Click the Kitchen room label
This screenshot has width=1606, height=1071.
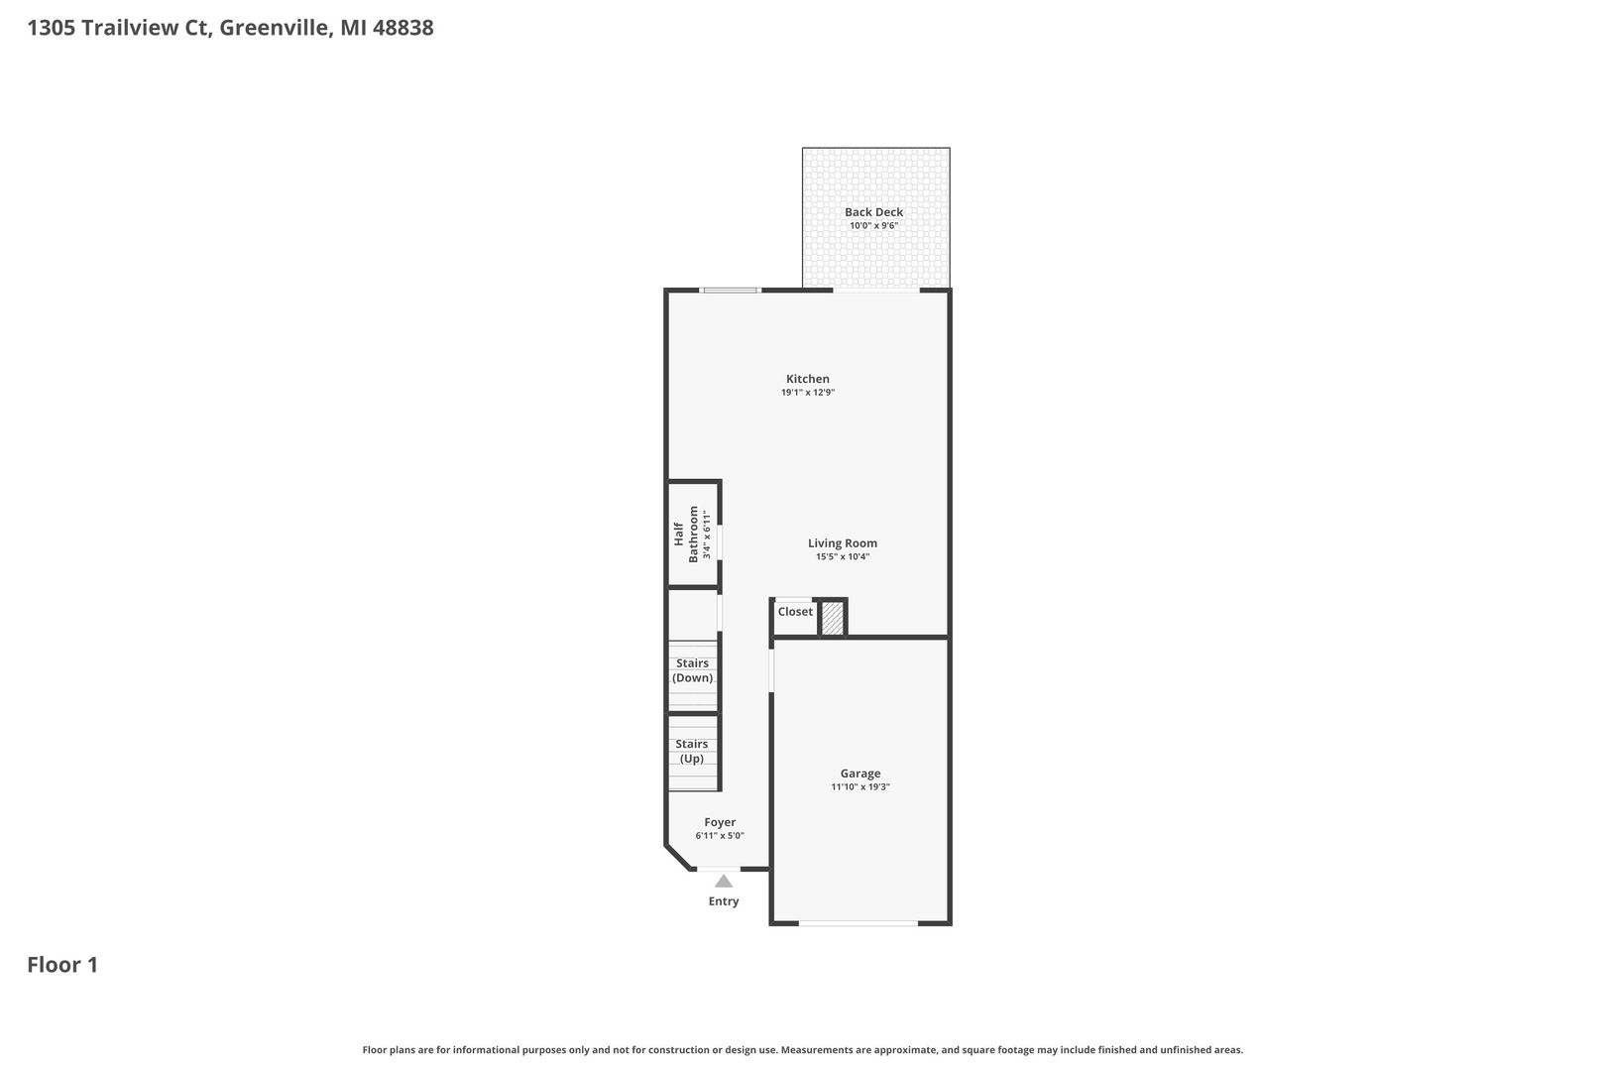[x=807, y=379]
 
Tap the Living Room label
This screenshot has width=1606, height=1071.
[x=843, y=543]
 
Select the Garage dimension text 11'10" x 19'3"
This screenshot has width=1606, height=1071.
[x=860, y=787]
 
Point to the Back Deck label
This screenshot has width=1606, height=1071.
[x=873, y=211]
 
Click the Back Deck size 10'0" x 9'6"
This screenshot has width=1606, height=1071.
[x=873, y=225]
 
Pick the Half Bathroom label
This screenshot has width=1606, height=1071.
[x=686, y=534]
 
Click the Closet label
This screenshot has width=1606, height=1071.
[x=795, y=611]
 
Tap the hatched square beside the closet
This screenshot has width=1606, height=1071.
[x=833, y=618]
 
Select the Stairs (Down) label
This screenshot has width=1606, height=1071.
[x=693, y=670]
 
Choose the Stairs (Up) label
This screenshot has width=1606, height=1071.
[x=692, y=751]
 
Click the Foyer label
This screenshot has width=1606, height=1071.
[x=720, y=822]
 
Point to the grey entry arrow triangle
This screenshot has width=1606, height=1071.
[x=724, y=881]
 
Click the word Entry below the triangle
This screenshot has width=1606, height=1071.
[x=724, y=901]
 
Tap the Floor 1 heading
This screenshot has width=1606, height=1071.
[x=62, y=964]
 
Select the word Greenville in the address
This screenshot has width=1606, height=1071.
[x=276, y=28]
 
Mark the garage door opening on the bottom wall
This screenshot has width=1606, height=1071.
[x=859, y=923]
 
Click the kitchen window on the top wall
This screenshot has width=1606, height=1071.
[x=731, y=291]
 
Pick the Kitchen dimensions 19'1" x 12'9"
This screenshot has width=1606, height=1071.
[x=808, y=393]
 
